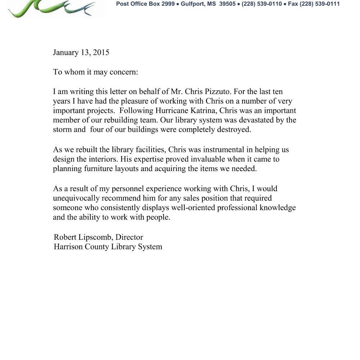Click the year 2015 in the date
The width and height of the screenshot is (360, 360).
click(101, 53)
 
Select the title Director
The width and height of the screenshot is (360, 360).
click(129, 237)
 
